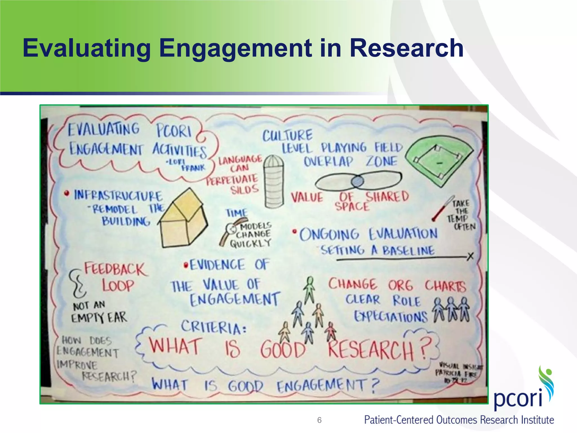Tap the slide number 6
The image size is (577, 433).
point(319,420)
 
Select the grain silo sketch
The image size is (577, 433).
point(274,182)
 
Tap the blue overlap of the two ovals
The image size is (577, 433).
point(357,181)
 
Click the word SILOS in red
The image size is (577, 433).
point(244,189)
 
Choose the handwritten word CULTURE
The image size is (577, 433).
point(288,136)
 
